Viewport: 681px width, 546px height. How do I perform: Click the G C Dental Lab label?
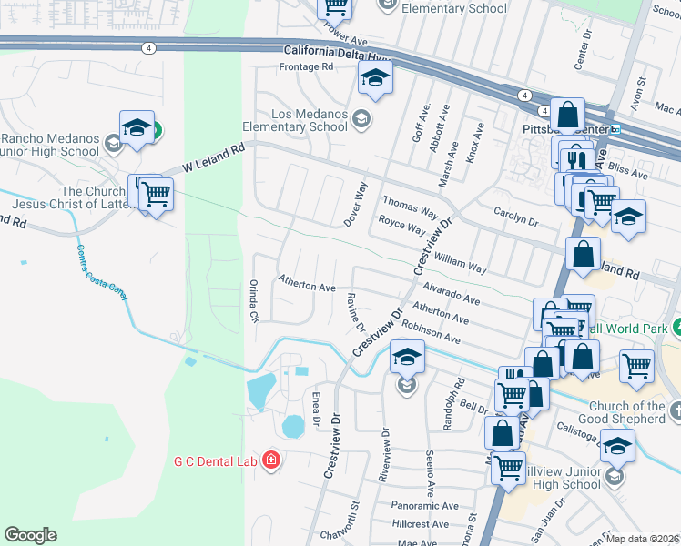click(216, 460)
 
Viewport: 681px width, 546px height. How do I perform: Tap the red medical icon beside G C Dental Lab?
click(270, 460)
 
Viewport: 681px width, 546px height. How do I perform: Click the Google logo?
click(30, 535)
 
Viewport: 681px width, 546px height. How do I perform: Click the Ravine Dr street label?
click(355, 312)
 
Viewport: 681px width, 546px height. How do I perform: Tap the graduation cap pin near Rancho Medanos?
click(136, 129)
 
